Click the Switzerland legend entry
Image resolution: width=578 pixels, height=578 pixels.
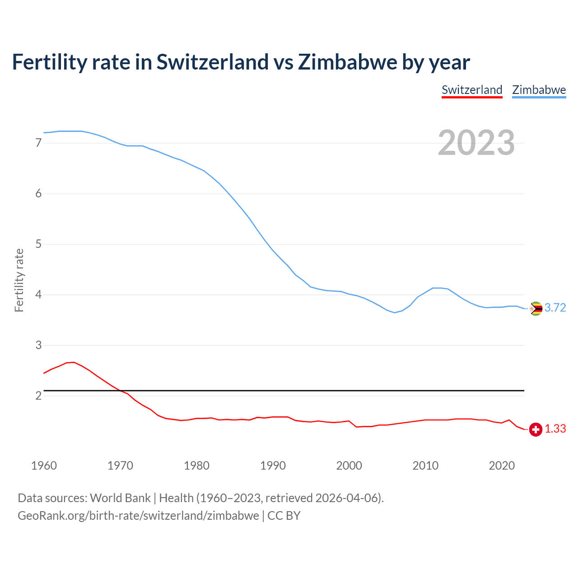click(472, 90)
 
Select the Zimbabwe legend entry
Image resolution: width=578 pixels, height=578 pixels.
click(539, 90)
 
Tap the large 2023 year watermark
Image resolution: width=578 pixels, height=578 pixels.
click(476, 143)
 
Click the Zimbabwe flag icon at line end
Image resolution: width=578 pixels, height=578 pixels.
click(536, 308)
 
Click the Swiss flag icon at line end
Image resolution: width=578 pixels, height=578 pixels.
click(536, 429)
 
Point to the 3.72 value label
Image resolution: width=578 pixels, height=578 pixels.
click(555, 308)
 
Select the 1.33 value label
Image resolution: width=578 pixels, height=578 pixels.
click(555, 429)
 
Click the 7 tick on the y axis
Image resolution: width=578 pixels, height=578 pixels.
click(38, 143)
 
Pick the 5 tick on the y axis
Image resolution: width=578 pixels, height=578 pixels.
click(38, 244)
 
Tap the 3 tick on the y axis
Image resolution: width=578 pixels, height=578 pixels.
click(38, 345)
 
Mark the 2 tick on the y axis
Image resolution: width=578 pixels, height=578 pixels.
click(38, 396)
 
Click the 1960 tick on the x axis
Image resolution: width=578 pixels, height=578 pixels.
click(44, 466)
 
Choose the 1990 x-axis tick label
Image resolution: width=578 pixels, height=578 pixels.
click(273, 466)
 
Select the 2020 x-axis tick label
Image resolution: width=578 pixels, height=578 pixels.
click(502, 466)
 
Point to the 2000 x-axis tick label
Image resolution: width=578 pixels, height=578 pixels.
click(349, 466)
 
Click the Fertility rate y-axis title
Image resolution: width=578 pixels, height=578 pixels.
click(19, 280)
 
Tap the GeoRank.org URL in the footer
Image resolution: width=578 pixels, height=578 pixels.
click(138, 516)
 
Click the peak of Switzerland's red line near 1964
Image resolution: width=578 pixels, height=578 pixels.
click(74, 362)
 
